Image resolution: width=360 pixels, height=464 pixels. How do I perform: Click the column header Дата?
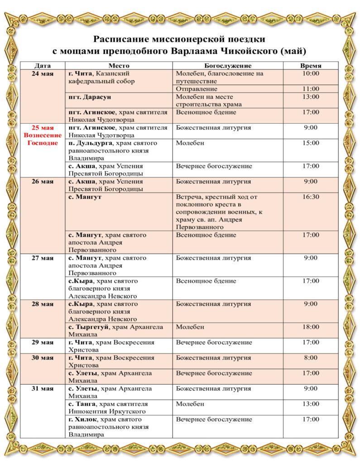click(x=43, y=66)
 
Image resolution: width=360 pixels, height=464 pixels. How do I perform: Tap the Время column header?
click(x=311, y=66)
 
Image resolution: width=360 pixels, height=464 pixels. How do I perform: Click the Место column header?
click(x=119, y=66)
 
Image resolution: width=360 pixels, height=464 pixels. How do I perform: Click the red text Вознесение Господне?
click(x=41, y=139)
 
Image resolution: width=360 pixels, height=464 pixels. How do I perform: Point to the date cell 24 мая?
click(x=43, y=73)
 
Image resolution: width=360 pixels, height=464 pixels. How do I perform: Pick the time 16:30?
click(x=311, y=197)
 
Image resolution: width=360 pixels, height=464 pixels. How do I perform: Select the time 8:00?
click(x=311, y=358)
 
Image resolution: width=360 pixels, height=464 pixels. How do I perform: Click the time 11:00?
click(x=311, y=89)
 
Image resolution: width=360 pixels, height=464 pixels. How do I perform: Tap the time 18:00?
click(x=311, y=327)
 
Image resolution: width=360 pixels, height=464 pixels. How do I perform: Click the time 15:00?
click(x=311, y=143)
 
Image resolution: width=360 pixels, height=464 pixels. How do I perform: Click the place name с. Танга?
click(x=82, y=404)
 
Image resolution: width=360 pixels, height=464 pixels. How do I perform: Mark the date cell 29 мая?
click(x=43, y=342)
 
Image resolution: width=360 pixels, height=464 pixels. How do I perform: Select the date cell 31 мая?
click(x=43, y=388)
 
